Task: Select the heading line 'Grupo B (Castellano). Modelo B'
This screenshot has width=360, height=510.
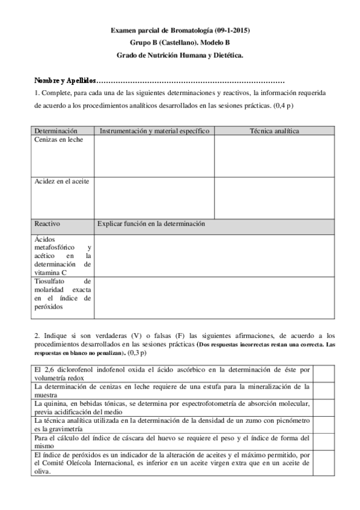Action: click(x=180, y=43)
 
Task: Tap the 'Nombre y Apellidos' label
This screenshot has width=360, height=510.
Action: click(x=64, y=80)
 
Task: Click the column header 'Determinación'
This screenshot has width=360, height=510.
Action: click(x=56, y=131)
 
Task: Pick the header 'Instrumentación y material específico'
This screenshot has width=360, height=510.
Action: click(x=154, y=131)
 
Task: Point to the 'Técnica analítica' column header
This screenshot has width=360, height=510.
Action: click(x=274, y=131)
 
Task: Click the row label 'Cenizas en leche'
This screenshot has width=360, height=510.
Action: click(x=59, y=140)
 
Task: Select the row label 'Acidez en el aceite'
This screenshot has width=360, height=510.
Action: click(x=62, y=182)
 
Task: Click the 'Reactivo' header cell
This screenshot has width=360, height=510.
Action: click(x=47, y=224)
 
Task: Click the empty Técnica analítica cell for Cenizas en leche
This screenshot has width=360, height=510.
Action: click(x=274, y=156)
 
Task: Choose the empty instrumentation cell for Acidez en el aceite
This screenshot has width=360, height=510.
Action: click(x=154, y=197)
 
